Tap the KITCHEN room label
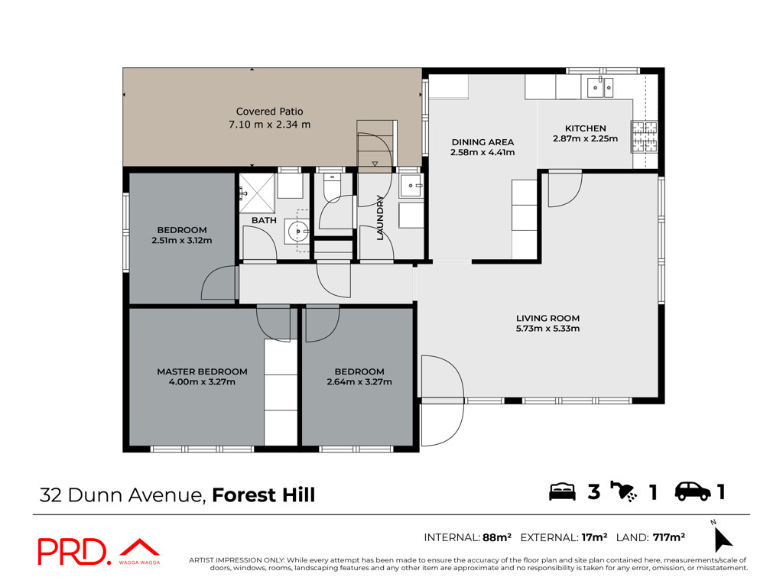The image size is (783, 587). tap(585, 128)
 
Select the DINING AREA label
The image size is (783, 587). tap(482, 142)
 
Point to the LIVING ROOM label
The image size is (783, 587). tap(547, 318)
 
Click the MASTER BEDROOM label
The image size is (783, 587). tap(202, 371)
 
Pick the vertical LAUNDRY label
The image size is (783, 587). tap(380, 218)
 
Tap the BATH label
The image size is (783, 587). tap(264, 220)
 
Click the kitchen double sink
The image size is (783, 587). tap(599, 87)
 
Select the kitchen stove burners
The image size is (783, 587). tap(644, 136)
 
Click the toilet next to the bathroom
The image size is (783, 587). tap(332, 186)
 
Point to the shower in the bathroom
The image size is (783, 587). tap(257, 193)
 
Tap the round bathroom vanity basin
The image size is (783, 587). tap(298, 232)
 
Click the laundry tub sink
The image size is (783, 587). tap(411, 186)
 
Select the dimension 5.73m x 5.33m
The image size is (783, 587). tap(547, 329)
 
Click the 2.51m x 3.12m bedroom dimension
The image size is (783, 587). tap(182, 241)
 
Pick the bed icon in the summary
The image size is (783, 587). tap(562, 491)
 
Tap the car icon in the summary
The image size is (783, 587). tap(693, 491)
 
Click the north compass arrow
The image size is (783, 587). tap(722, 538)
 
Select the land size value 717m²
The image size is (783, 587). tap(668, 537)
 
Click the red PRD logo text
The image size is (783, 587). tap(73, 552)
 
